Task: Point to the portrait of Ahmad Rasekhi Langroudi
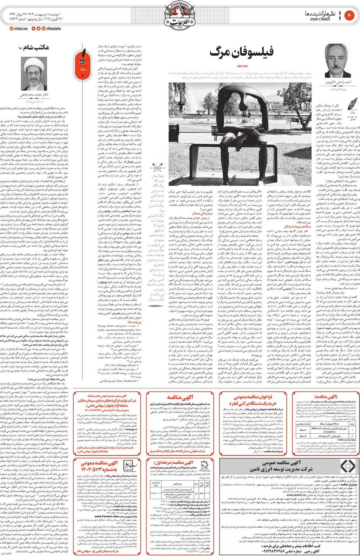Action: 338,60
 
